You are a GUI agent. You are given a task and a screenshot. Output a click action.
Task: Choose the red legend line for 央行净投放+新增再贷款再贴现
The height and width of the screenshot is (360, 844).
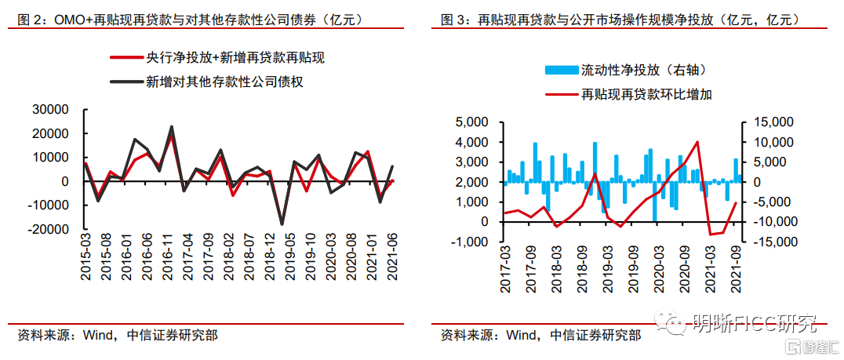click(126, 58)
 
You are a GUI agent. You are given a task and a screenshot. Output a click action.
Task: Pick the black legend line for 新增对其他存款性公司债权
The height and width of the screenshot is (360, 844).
click(126, 80)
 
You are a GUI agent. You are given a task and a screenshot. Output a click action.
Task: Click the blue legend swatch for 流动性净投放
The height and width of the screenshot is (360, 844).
click(560, 71)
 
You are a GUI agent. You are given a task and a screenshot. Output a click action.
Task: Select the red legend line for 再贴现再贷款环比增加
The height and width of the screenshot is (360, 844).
click(560, 94)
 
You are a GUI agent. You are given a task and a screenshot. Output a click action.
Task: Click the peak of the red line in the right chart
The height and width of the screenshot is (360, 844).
click(697, 142)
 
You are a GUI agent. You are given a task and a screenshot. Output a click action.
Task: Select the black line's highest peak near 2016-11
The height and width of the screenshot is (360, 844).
click(172, 126)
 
